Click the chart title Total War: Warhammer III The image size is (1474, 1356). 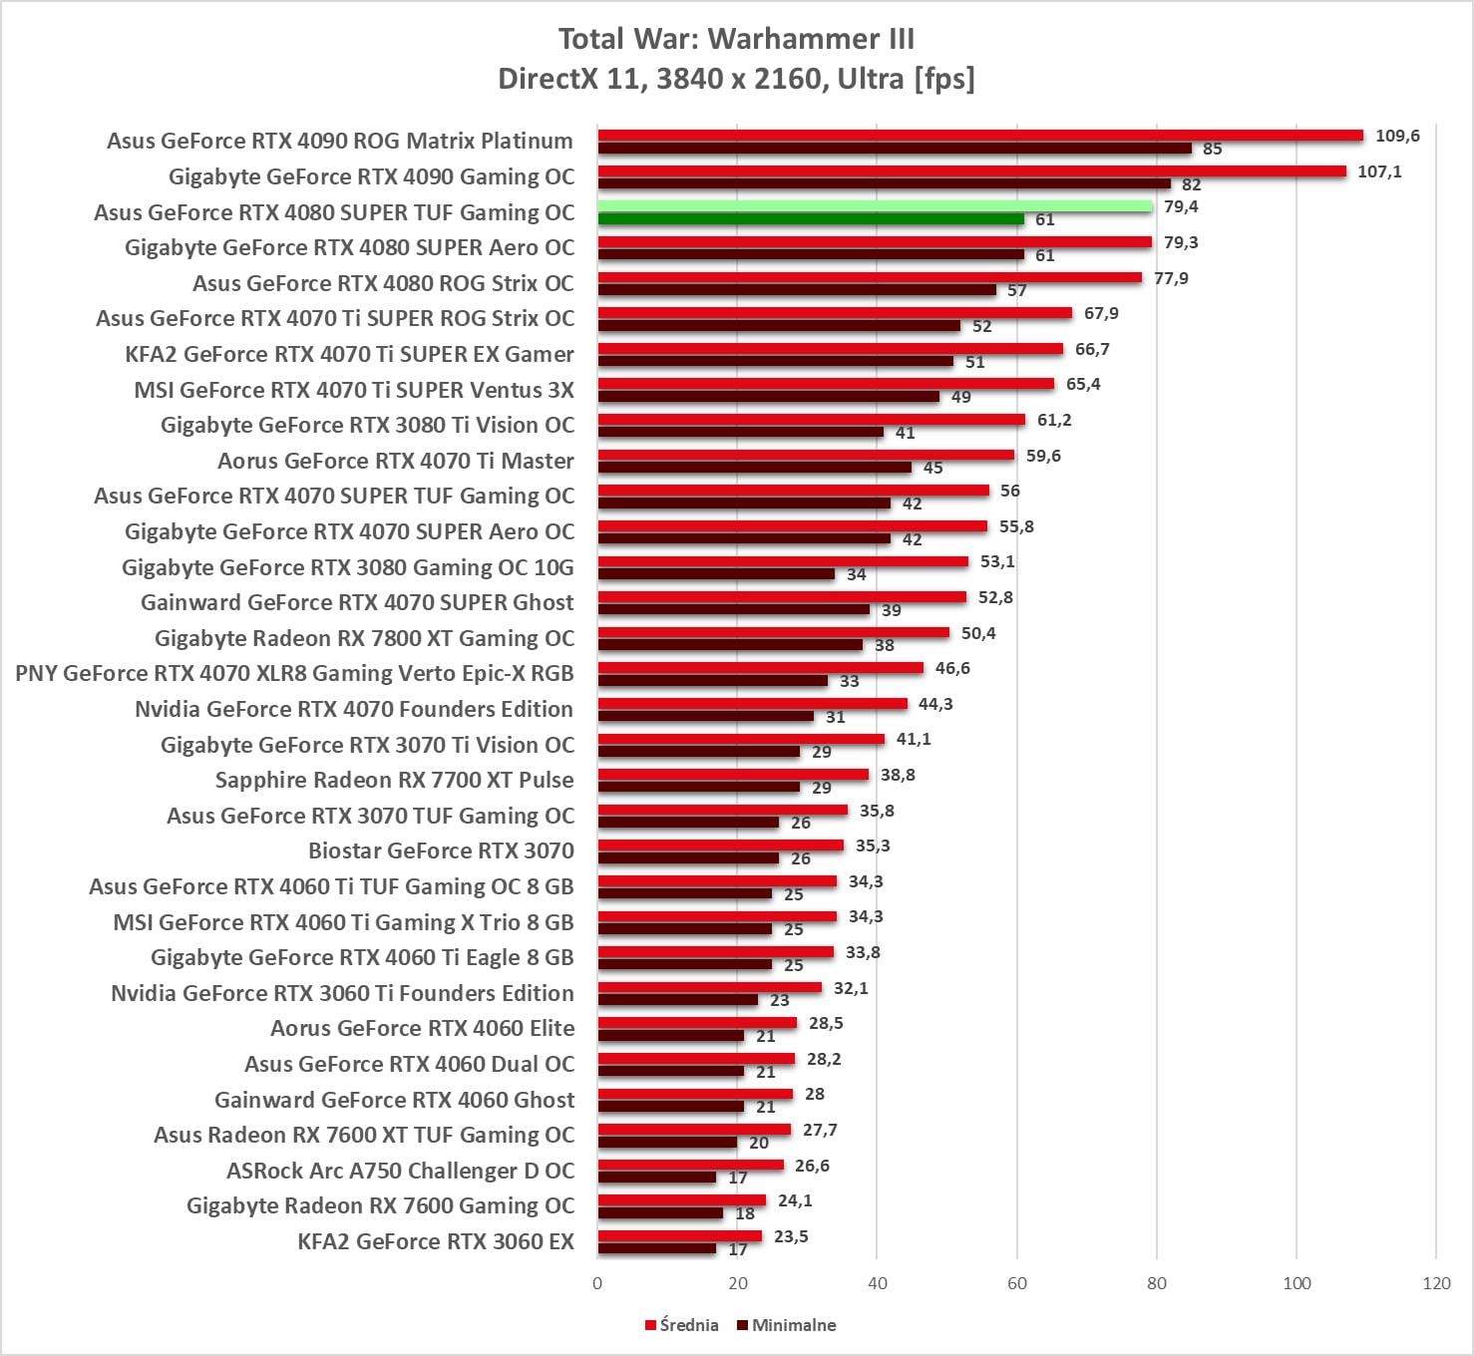tap(736, 39)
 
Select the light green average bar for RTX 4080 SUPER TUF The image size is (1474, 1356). tap(875, 206)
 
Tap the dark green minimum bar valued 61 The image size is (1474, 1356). tap(811, 219)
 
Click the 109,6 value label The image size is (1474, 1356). tap(1397, 136)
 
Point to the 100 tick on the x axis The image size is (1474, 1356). tap(1296, 1283)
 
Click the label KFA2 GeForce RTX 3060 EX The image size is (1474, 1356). tap(436, 1241)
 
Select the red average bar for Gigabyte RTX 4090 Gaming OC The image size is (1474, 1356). tap(972, 171)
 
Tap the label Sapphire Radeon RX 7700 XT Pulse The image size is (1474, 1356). tap(395, 780)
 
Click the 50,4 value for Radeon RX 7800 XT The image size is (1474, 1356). tap(978, 633)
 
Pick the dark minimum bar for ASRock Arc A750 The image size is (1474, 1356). tap(657, 1178)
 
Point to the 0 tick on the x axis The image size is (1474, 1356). tap(597, 1283)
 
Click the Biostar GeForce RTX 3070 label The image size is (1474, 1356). tap(441, 850)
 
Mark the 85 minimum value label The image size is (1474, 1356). tap(1213, 150)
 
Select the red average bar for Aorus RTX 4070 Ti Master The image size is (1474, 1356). tap(806, 455)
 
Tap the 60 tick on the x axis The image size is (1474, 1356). tap(1017, 1283)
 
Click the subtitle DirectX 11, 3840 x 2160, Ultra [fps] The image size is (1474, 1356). tap(736, 78)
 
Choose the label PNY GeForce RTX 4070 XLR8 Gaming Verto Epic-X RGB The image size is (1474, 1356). tap(294, 673)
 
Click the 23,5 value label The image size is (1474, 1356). tap(791, 1236)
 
